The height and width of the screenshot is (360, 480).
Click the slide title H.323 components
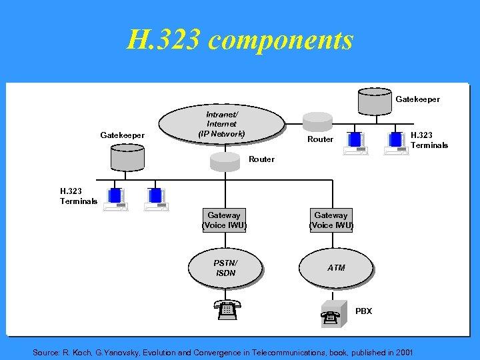240,41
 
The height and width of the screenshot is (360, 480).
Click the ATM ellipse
337,268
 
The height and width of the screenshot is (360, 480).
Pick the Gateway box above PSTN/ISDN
224,220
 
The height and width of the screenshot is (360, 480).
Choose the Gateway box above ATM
331,220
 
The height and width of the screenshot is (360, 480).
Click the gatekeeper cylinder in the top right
374,99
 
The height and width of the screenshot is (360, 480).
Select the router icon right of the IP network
317,122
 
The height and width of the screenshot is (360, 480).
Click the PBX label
364,311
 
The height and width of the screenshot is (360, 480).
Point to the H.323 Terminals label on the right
429,140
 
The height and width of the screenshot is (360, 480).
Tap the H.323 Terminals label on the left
79,196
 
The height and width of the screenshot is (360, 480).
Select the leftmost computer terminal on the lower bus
116,198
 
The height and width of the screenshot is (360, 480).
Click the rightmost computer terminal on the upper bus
397,142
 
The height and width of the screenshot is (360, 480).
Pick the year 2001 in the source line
403,352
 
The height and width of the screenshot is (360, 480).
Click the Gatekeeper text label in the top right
418,99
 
